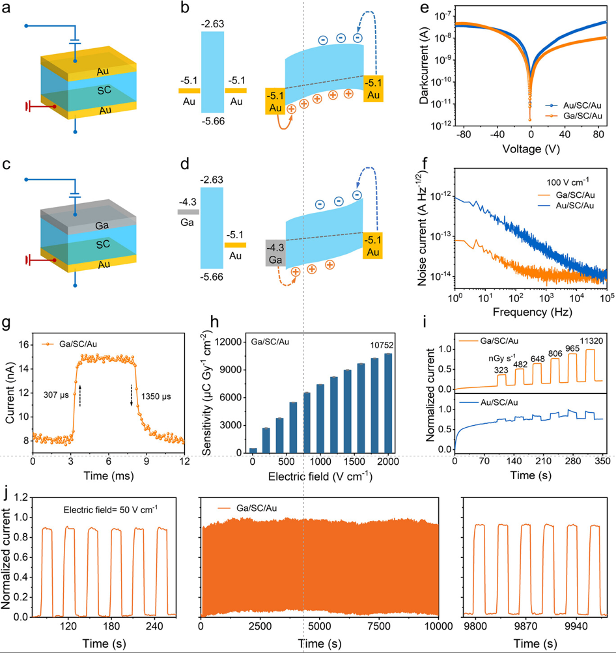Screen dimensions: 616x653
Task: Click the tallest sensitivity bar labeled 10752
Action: (387, 403)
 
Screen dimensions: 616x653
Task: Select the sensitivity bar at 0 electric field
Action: (253, 451)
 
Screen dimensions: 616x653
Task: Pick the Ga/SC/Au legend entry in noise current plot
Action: (567, 195)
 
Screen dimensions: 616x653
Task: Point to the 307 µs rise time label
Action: (56, 395)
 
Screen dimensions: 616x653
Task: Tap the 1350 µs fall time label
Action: (156, 396)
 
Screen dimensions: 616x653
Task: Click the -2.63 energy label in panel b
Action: (212, 23)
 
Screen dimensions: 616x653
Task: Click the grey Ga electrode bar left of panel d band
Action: (188, 212)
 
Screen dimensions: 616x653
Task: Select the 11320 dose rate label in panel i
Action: (591, 341)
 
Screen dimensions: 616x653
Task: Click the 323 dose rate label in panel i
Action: (501, 370)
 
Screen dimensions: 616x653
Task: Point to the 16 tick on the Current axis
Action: (23, 345)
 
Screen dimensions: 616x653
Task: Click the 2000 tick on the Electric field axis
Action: (387, 462)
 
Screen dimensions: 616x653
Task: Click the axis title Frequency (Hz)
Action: (532, 312)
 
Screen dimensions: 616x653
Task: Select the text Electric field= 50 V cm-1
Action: (110, 509)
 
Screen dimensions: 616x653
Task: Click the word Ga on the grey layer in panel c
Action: (102, 225)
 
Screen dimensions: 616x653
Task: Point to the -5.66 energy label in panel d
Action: (212, 277)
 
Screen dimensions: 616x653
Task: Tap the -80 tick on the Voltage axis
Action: (463, 134)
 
